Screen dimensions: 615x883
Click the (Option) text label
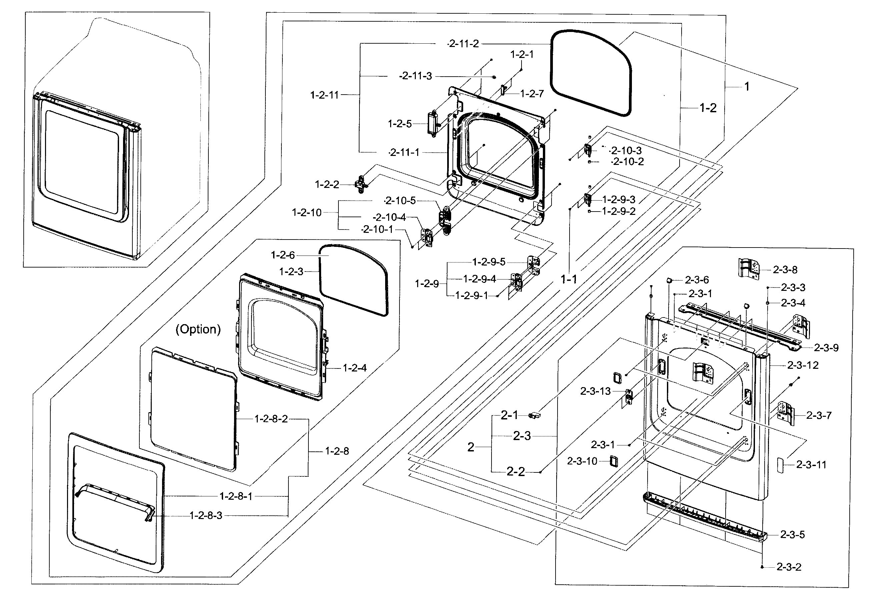(x=198, y=329)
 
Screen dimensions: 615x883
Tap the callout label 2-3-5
(x=792, y=534)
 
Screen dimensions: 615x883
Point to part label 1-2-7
(x=532, y=94)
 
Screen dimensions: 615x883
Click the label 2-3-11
(x=811, y=464)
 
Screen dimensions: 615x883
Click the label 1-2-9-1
(x=472, y=296)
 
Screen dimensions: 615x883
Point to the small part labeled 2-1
(x=535, y=415)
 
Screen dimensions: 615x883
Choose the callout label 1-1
(x=569, y=279)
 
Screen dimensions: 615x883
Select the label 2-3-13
(x=595, y=391)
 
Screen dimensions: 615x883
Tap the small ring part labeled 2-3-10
(x=614, y=461)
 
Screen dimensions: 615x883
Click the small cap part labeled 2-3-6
(x=670, y=281)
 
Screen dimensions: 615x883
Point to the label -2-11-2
(x=464, y=44)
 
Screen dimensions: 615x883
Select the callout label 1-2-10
(x=306, y=213)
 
